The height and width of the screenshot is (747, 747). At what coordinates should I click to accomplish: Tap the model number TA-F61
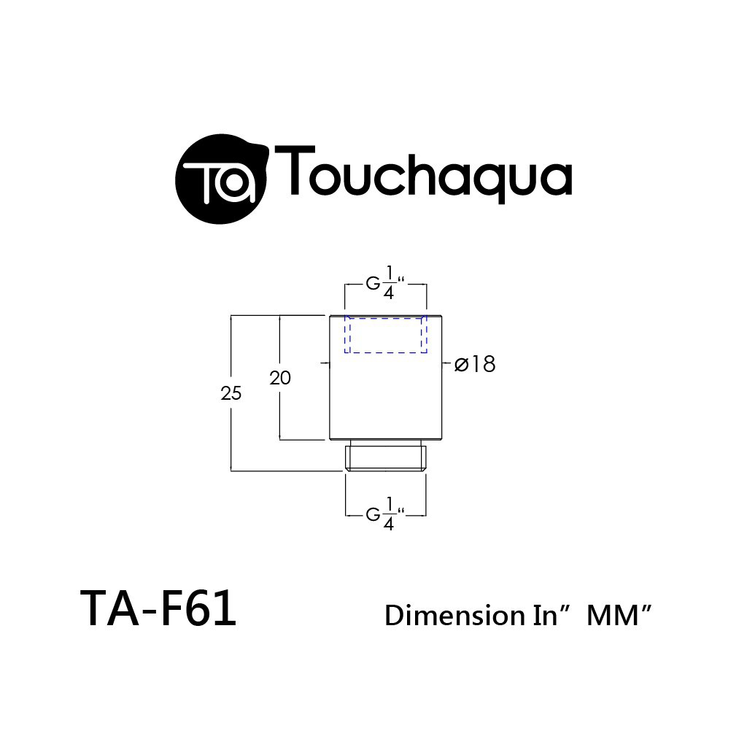[x=158, y=608]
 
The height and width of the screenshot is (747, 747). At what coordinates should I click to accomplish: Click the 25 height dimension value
[x=231, y=393]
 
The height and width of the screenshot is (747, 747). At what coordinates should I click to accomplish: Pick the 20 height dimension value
[x=280, y=379]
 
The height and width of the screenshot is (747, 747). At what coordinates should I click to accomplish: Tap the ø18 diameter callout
[x=475, y=365]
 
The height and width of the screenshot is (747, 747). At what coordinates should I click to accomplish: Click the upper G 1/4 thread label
[x=385, y=283]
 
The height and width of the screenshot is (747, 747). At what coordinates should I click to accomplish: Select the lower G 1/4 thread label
[x=385, y=514]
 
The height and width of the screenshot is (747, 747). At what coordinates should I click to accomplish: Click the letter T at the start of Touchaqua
[x=295, y=169]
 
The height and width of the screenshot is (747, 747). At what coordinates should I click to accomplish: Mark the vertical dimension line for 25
[x=231, y=393]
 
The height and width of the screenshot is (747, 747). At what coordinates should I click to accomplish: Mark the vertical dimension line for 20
[x=280, y=377]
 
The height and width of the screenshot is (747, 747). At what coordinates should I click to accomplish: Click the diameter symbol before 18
[x=461, y=365]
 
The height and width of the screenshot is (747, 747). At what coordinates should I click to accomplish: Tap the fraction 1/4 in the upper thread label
[x=389, y=283]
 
